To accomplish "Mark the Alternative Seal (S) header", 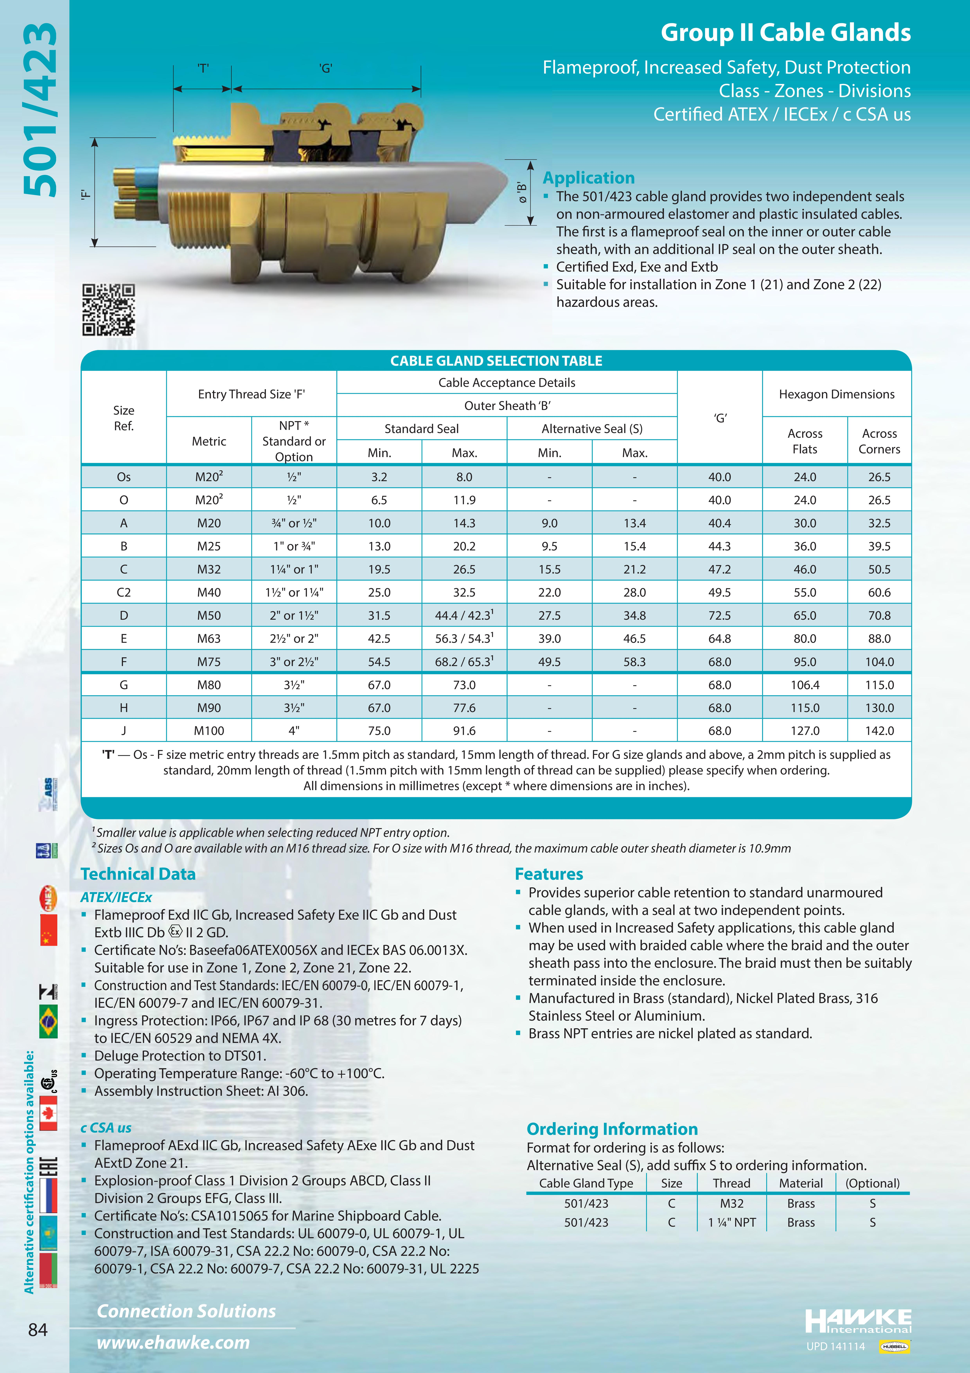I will [x=592, y=429].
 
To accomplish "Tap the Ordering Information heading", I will [x=612, y=1129].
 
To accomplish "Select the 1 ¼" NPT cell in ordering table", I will [x=732, y=1222].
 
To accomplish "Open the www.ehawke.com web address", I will [x=173, y=1342].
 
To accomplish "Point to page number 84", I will [x=38, y=1329].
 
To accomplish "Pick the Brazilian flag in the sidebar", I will [x=48, y=1021].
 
